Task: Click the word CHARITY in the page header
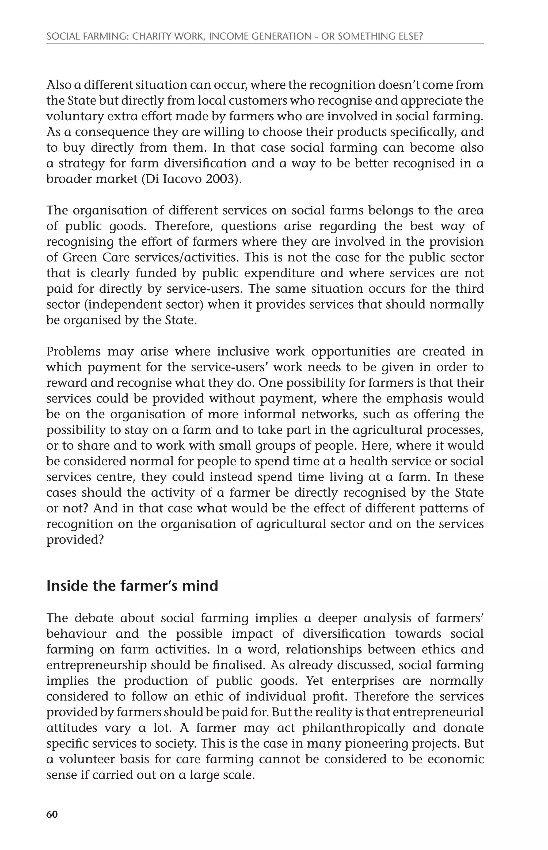(x=154, y=36)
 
